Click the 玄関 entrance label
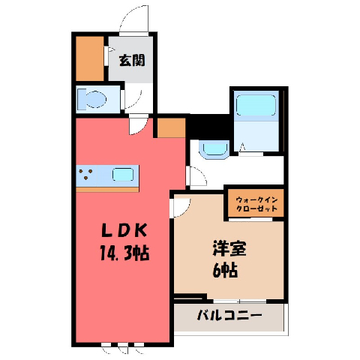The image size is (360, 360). (x=132, y=61)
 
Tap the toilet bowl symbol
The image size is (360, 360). (x=92, y=100)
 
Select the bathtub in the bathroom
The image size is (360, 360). (x=256, y=105)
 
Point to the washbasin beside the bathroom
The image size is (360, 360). (x=214, y=150)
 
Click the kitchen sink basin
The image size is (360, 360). (x=123, y=175)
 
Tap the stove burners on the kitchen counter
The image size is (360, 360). (x=85, y=174)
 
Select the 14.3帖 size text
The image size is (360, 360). (x=124, y=253)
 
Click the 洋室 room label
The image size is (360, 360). (x=229, y=248)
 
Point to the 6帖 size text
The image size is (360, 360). (x=225, y=270)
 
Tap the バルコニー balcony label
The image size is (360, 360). (x=229, y=316)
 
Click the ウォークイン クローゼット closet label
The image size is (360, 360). (x=256, y=204)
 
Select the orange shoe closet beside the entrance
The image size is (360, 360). (x=90, y=58)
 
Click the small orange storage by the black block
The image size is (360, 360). (x=172, y=127)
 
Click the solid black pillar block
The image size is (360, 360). (x=209, y=126)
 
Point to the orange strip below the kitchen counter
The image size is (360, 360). (x=107, y=190)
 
